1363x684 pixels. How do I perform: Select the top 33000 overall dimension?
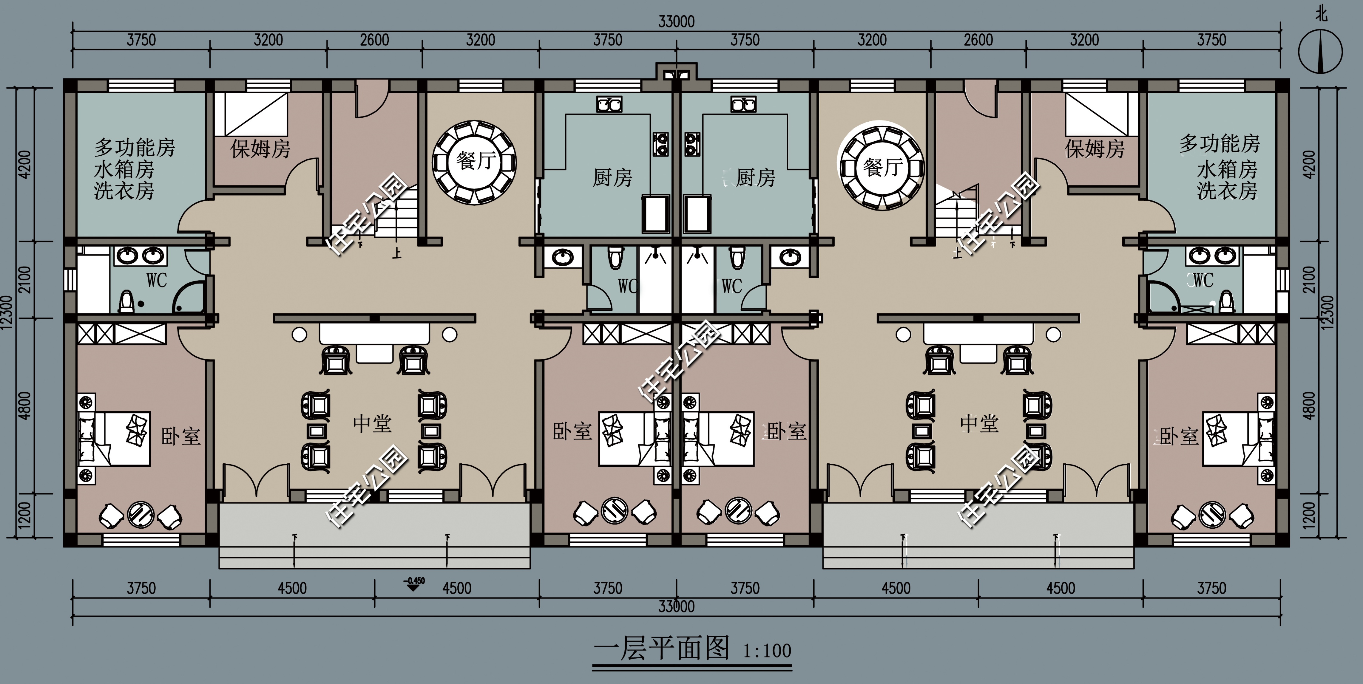tap(676, 22)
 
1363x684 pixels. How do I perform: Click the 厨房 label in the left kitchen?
tap(612, 178)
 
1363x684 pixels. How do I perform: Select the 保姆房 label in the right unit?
tap(1094, 149)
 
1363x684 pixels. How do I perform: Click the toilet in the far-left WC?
tap(126, 301)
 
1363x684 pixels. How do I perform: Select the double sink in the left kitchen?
tap(609, 104)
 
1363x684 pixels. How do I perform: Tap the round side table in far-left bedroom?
tap(141, 513)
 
